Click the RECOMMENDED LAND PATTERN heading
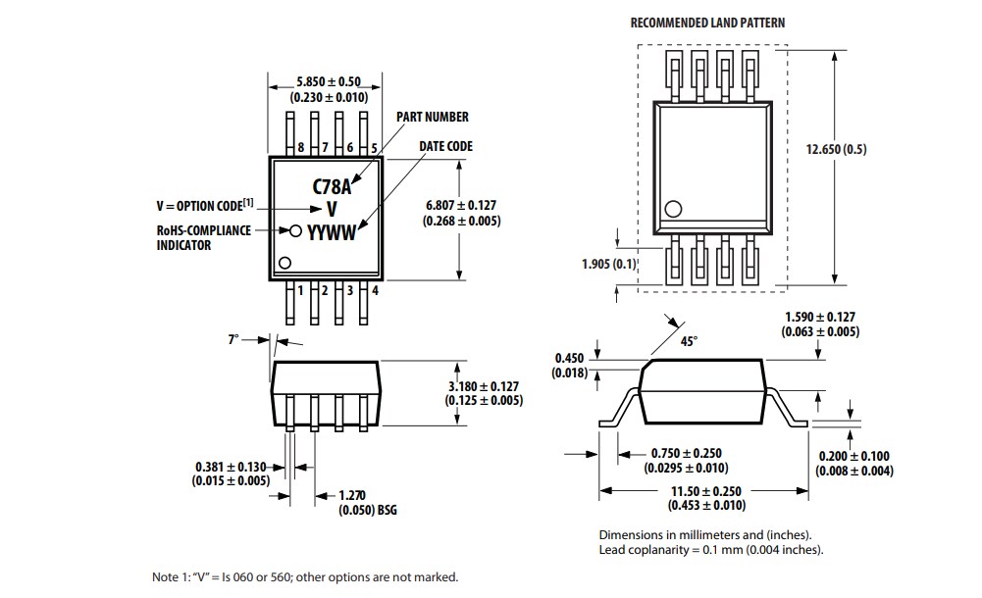click(706, 23)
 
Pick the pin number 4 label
click(375, 289)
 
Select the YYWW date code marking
click(331, 231)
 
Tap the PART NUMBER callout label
click(432, 117)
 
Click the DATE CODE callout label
click(445, 146)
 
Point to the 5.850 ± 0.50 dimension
click(329, 81)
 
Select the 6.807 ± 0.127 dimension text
click(461, 205)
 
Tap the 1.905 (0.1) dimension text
click(609, 264)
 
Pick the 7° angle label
click(233, 338)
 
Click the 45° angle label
click(689, 341)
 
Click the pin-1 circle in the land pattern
click(673, 209)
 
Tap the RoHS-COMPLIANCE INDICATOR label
click(203, 237)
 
